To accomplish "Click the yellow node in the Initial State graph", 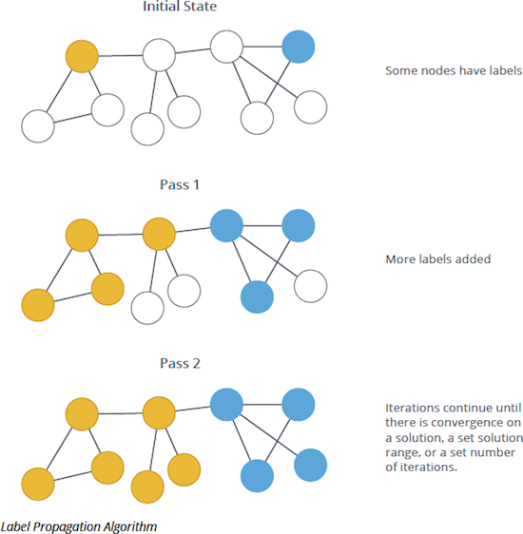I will pos(82,56).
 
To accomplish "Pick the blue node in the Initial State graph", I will pos(298,47).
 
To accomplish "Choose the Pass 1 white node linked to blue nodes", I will pos(310,284).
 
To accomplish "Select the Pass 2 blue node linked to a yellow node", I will pos(226,405).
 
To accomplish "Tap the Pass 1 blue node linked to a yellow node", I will pos(226,226).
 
